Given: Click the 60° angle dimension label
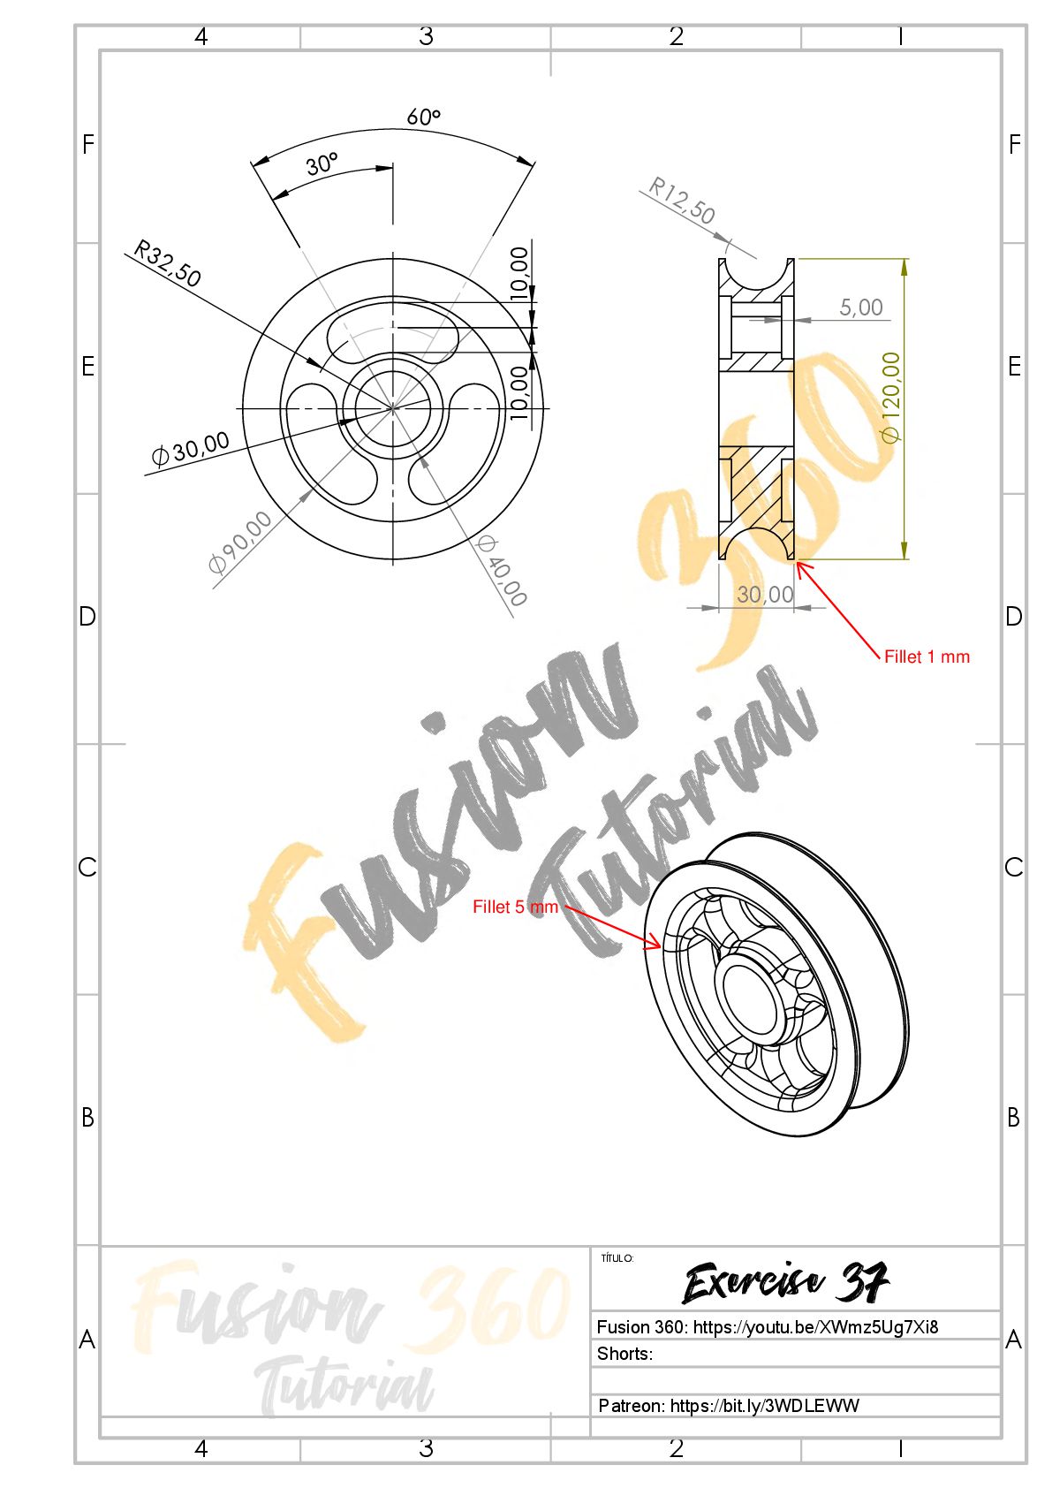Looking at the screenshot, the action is tap(423, 117).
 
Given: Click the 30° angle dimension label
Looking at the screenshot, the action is tap(322, 163).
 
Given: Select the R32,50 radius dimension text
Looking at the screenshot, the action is tap(167, 263).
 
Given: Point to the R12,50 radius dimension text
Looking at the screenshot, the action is tap(681, 200).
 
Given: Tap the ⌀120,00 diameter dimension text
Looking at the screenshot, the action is tap(890, 397).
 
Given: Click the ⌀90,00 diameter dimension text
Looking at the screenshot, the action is tap(239, 542).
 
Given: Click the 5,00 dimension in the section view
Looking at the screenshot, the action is tap(860, 307).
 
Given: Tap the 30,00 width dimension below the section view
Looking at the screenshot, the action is tap(764, 594).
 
